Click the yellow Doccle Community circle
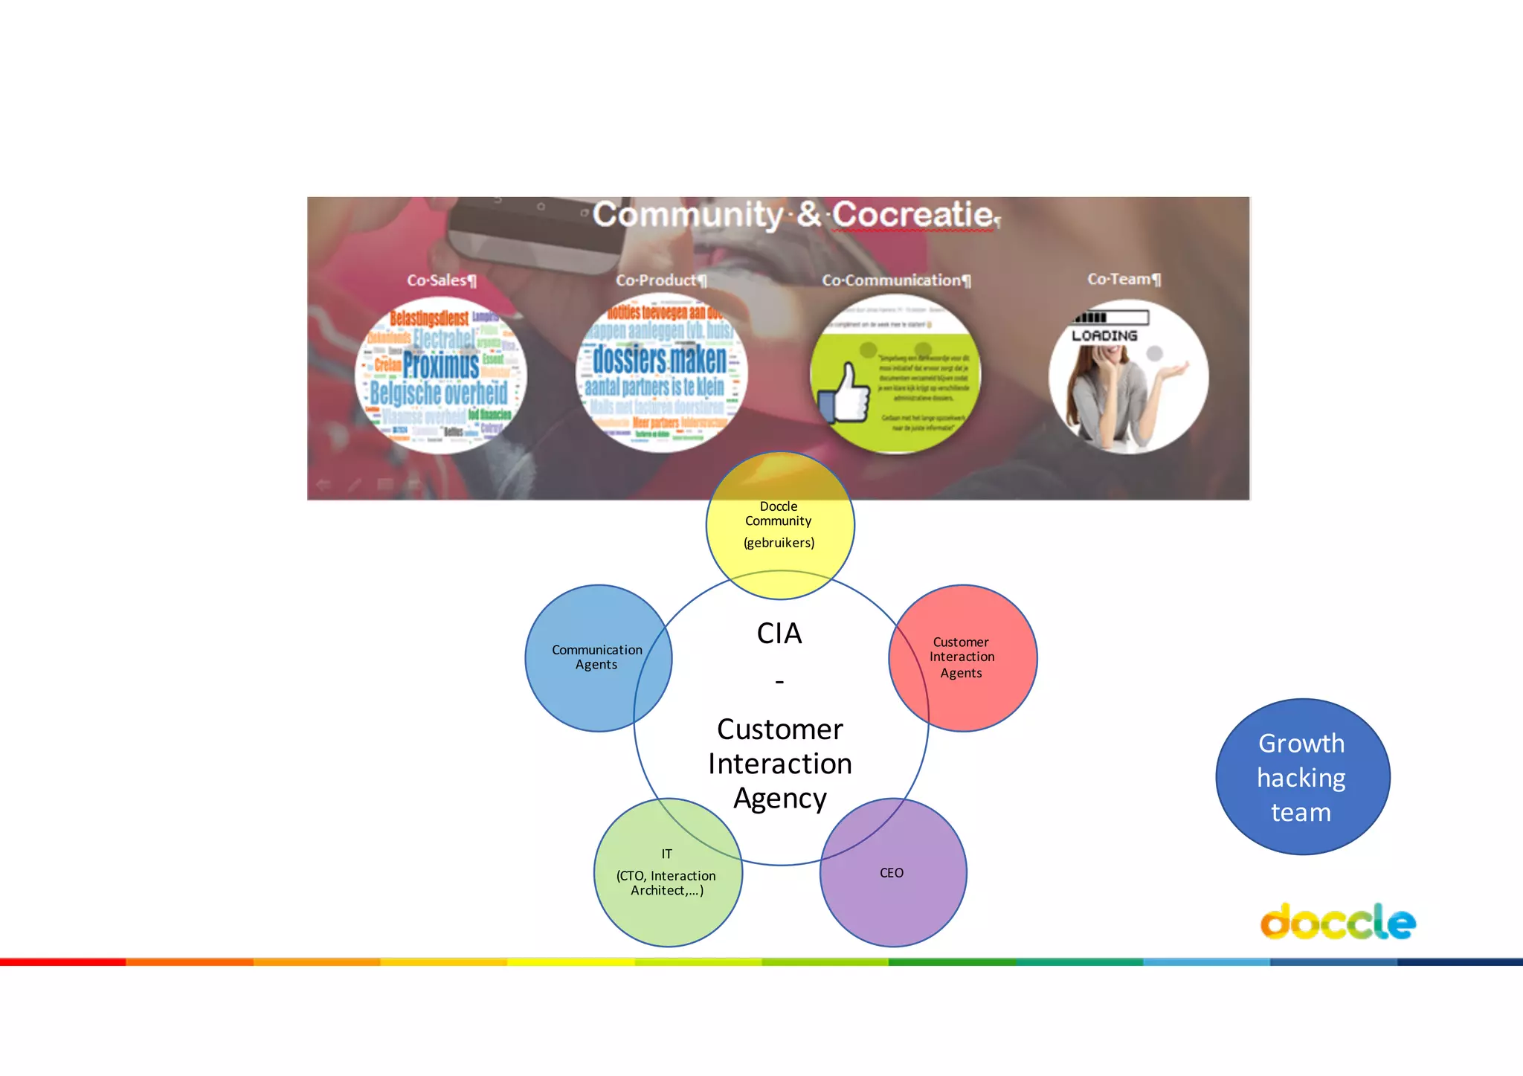pos(779,525)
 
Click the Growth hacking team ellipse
pos(1302,777)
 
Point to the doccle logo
pos(1337,922)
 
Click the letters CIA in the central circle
pos(779,634)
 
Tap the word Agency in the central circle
pos(779,799)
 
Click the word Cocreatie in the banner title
pos(912,215)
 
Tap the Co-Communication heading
pos(896,280)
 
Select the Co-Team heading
pos(1124,279)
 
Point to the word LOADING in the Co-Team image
pos(1104,336)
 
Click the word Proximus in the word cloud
pos(441,365)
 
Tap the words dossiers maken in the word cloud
pos(659,360)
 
